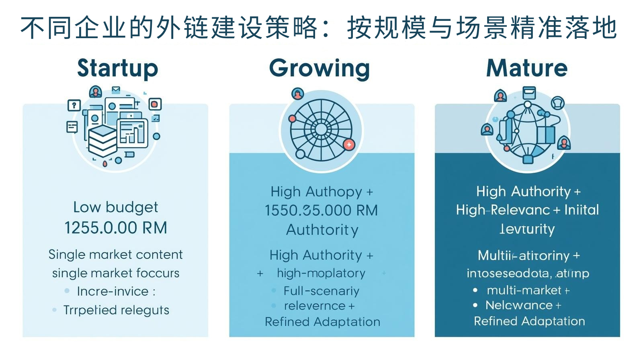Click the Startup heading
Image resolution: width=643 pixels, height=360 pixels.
coord(117,68)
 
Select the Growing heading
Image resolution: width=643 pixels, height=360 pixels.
coord(319,68)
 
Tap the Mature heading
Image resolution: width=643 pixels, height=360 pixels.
coord(527,68)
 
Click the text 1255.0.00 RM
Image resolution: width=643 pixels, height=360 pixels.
coord(116,228)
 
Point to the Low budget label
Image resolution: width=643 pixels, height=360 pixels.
coord(116,207)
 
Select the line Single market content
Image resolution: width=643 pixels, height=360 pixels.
coord(116,254)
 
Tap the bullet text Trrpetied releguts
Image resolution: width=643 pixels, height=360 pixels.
coord(116,310)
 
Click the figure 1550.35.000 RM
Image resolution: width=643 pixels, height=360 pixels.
coord(321,211)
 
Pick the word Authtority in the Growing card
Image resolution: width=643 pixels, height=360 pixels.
coord(322,230)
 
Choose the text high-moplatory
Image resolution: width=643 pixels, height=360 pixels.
coord(321,273)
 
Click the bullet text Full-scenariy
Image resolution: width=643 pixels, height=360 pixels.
coord(321,290)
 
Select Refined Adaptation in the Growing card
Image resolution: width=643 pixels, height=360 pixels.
coord(322,322)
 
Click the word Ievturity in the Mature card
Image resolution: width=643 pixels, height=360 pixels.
coord(527,229)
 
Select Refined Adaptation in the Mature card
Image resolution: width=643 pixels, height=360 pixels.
coord(529,321)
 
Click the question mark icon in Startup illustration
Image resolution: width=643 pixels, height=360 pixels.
coord(74,105)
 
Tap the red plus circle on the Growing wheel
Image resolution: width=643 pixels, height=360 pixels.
coord(349,145)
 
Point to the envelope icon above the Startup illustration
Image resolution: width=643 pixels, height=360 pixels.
coord(116,90)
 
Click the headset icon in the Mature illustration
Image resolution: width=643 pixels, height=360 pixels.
coord(557,103)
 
